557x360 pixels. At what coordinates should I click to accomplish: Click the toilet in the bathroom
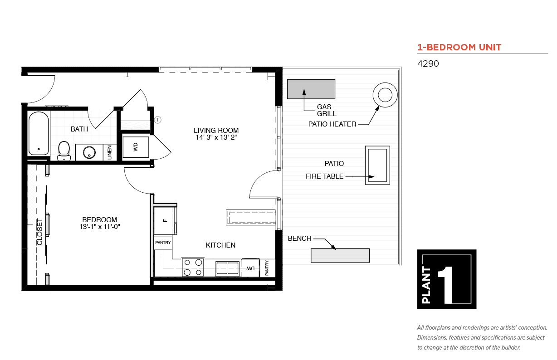click(x=64, y=151)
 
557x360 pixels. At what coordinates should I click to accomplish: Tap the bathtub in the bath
click(x=39, y=133)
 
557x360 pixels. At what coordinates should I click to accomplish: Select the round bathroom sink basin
click(x=89, y=152)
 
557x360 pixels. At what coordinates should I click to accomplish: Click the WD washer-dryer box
click(x=136, y=147)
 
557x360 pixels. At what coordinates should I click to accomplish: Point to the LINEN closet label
click(x=110, y=152)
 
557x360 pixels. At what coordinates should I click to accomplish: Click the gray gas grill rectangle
click(x=311, y=89)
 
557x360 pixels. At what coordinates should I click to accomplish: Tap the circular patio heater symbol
click(x=385, y=95)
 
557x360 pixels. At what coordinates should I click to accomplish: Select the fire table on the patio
click(x=377, y=165)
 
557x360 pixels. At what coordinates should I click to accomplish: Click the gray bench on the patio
click(x=340, y=255)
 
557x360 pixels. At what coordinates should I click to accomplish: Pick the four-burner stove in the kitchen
click(x=193, y=268)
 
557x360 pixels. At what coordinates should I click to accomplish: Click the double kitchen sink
click(x=227, y=268)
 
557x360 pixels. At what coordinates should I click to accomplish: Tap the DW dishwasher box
click(x=251, y=268)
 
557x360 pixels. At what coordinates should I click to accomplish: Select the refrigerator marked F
click(x=164, y=220)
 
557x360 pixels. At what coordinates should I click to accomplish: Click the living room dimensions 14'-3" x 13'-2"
click(x=216, y=137)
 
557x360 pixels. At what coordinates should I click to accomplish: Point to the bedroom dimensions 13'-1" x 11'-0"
click(x=100, y=227)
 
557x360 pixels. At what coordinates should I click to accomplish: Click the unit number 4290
click(x=428, y=63)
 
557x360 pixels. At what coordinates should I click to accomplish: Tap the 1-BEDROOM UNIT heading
click(x=459, y=47)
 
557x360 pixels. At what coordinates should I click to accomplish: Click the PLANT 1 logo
click(x=447, y=279)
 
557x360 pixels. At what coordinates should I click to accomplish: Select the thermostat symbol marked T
click(x=158, y=120)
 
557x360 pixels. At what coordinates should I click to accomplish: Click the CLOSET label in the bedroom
click(x=39, y=232)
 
